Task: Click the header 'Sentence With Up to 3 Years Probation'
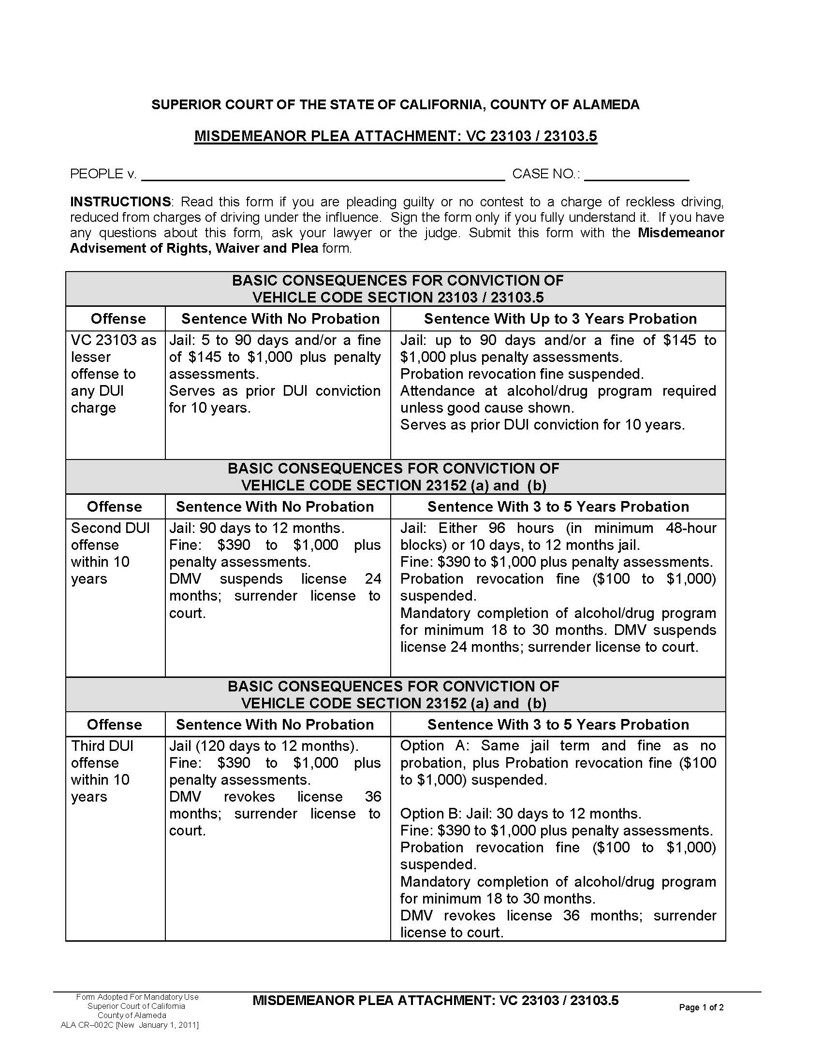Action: click(x=560, y=319)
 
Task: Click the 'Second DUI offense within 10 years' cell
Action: click(x=111, y=553)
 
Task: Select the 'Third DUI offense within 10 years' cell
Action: click(x=103, y=771)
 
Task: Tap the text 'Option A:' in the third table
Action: click(x=434, y=746)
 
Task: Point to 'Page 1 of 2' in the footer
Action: click(x=701, y=1007)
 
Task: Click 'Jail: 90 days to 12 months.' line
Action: click(x=257, y=528)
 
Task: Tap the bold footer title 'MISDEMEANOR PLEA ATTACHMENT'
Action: click(x=373, y=1001)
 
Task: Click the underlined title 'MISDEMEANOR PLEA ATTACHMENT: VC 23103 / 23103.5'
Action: click(x=395, y=136)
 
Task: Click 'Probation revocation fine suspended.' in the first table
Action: click(x=522, y=374)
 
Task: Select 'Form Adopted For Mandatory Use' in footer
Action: click(x=137, y=997)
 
